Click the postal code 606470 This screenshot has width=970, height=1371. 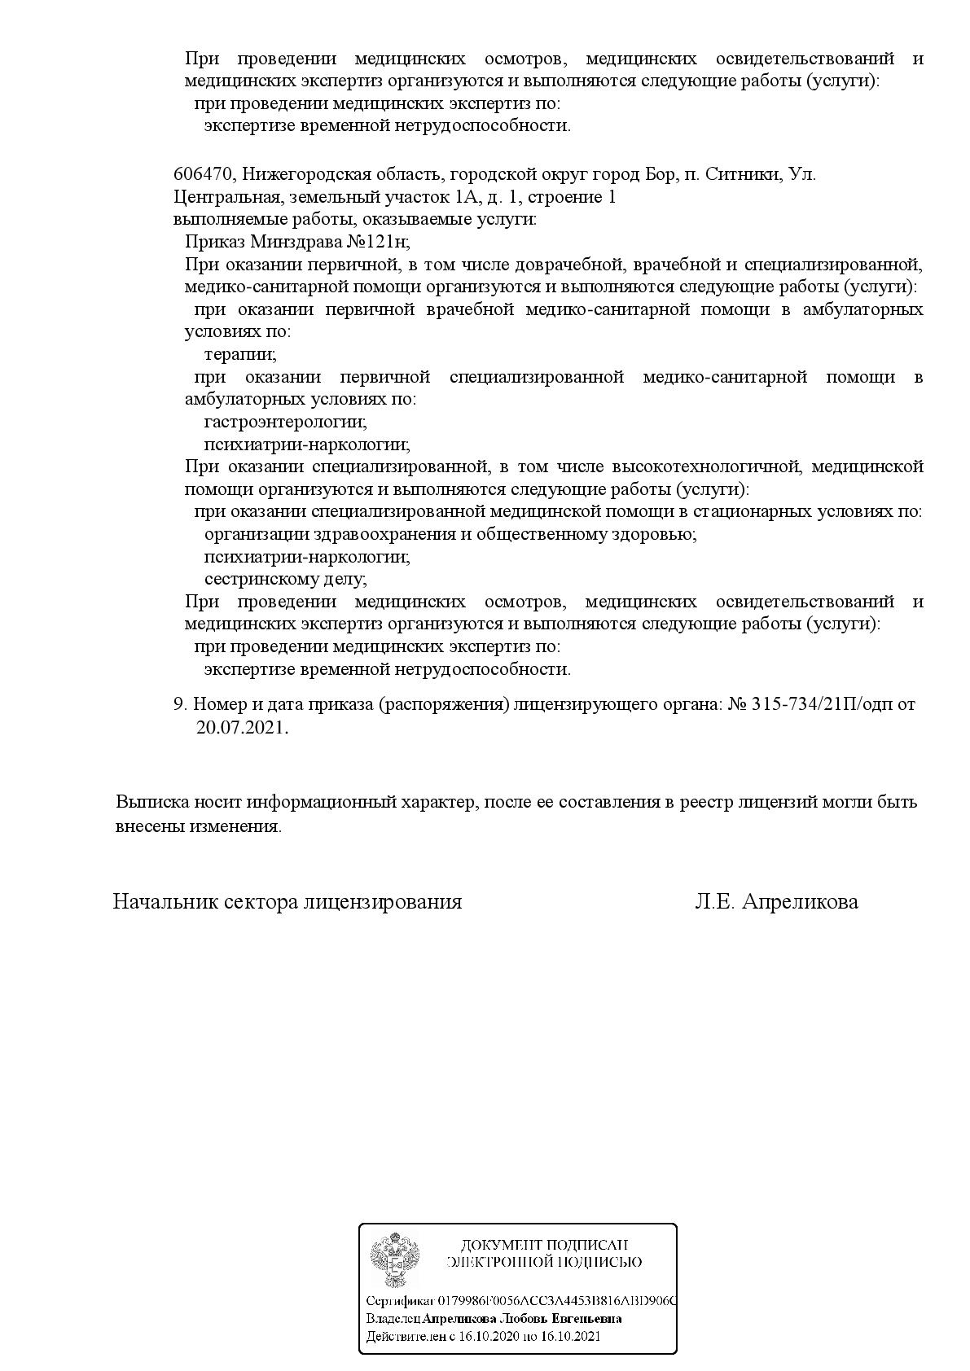(x=204, y=175)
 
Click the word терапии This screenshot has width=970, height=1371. (x=240, y=355)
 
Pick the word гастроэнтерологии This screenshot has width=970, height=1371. (x=285, y=423)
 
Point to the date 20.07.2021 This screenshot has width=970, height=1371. (x=241, y=728)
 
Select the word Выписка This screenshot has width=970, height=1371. (x=151, y=802)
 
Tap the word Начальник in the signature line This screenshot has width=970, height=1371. (x=160, y=902)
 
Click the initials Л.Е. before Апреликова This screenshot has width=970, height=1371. (x=716, y=902)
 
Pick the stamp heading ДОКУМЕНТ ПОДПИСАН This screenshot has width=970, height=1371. (x=544, y=1246)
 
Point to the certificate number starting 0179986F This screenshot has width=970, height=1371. (x=557, y=1300)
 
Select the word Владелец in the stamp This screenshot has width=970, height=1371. (x=393, y=1318)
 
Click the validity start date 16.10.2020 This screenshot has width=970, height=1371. (x=489, y=1336)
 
